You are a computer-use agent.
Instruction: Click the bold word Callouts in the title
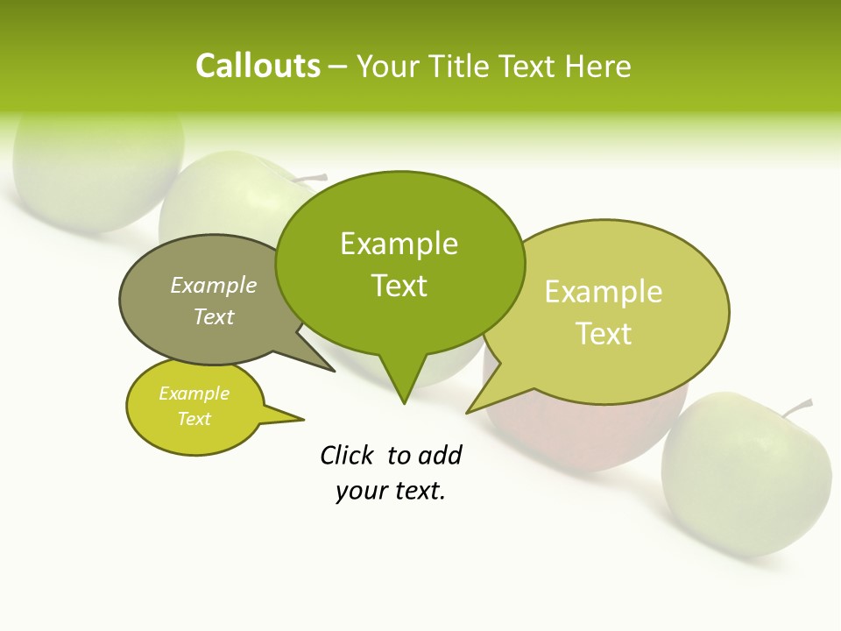click(x=258, y=66)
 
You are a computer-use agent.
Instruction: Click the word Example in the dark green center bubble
click(x=399, y=244)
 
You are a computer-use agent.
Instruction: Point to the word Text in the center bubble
click(x=399, y=286)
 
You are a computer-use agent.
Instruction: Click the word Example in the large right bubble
click(x=604, y=292)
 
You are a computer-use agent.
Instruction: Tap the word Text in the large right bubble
click(x=604, y=334)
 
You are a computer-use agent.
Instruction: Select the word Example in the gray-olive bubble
click(x=213, y=286)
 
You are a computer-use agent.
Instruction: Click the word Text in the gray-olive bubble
click(x=214, y=316)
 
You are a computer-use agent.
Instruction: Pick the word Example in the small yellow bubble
click(x=194, y=393)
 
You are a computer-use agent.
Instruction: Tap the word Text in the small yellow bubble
click(x=194, y=419)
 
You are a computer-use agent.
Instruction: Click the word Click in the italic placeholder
click(x=346, y=455)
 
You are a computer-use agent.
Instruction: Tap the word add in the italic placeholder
click(x=439, y=455)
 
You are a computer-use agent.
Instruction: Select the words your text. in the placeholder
click(x=390, y=491)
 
